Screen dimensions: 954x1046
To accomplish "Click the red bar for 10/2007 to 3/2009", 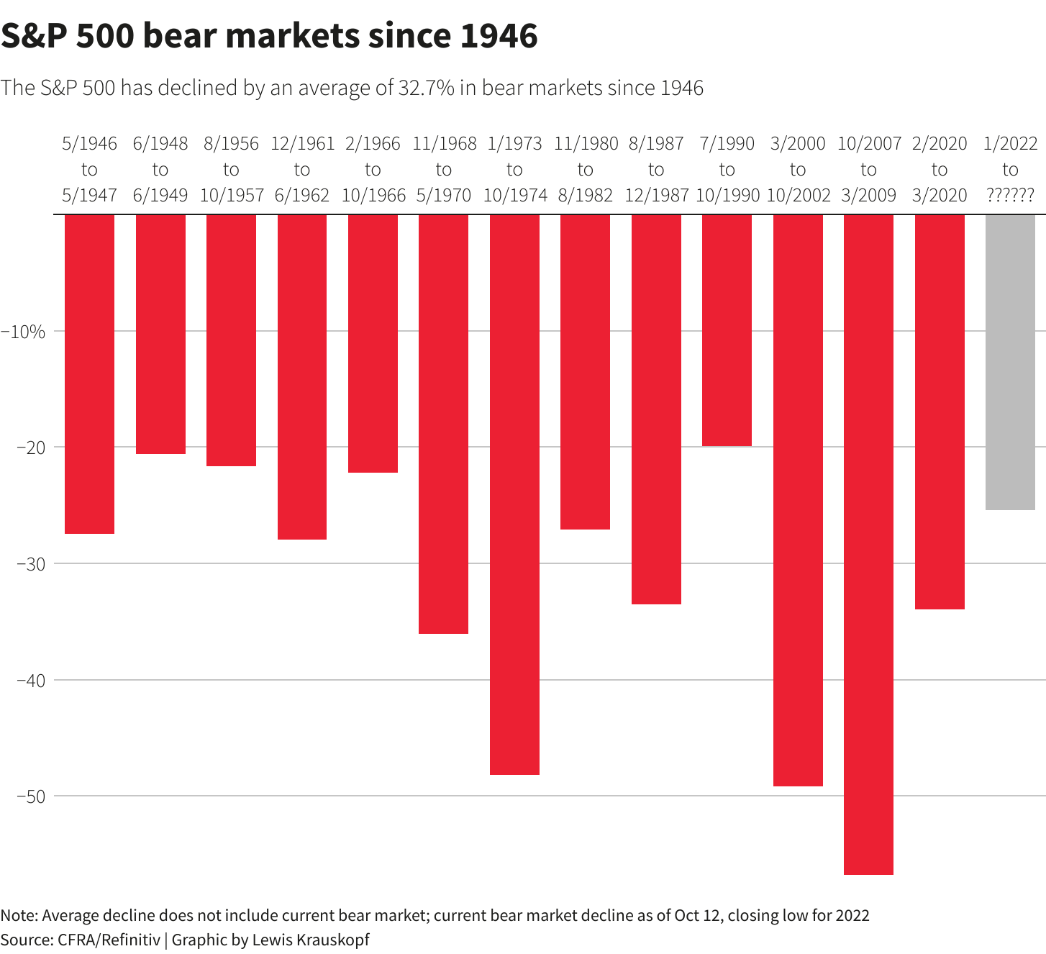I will coord(868,544).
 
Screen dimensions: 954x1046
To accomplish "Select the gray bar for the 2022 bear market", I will coord(1010,362).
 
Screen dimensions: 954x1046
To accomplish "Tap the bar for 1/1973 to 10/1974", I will coord(514,494).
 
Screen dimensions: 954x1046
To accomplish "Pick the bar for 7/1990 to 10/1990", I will coord(727,330).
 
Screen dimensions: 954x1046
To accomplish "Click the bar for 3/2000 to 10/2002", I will coord(798,500).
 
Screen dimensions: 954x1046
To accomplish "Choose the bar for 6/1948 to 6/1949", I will coord(160,334).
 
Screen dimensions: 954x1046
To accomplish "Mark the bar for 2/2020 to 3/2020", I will coord(940,412).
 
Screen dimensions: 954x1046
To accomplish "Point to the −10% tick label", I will coord(24,332).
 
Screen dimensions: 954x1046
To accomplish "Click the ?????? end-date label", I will coord(1010,196).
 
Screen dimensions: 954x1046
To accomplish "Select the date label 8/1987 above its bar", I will coord(656,144).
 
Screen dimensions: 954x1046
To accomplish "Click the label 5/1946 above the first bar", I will coord(89,144).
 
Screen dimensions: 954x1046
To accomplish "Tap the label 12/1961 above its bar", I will coord(302,144).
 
